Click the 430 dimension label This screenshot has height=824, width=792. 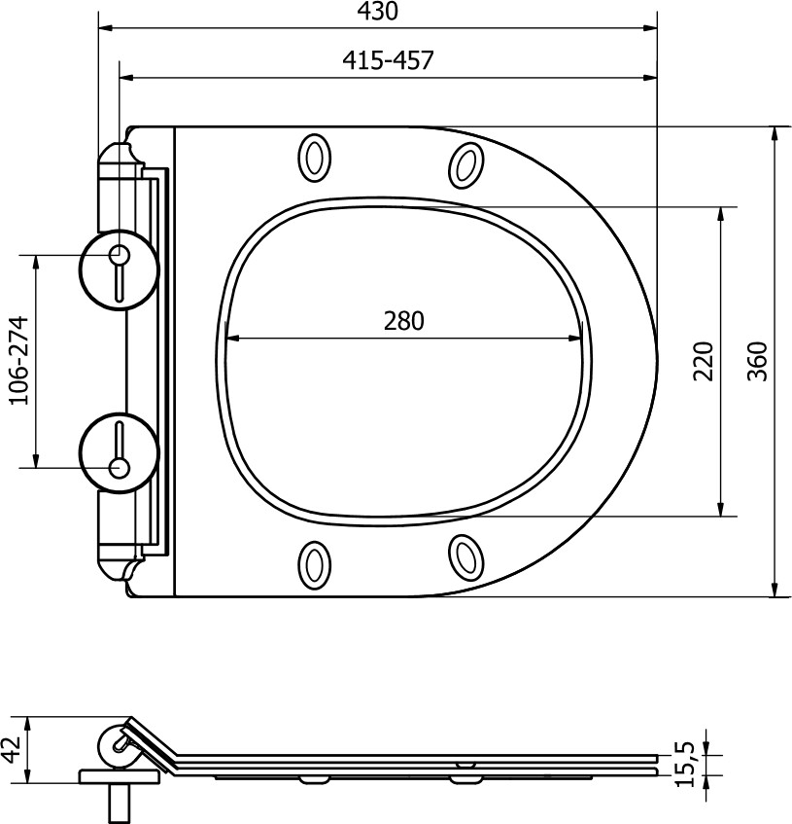click(377, 11)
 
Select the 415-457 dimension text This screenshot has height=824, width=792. click(388, 60)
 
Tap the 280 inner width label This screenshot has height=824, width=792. click(403, 321)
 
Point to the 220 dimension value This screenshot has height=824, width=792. click(704, 361)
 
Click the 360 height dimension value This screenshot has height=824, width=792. click(757, 361)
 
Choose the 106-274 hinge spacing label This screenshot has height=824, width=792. click(18, 360)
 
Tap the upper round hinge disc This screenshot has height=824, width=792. click(119, 269)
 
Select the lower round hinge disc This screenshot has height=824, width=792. click(119, 452)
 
